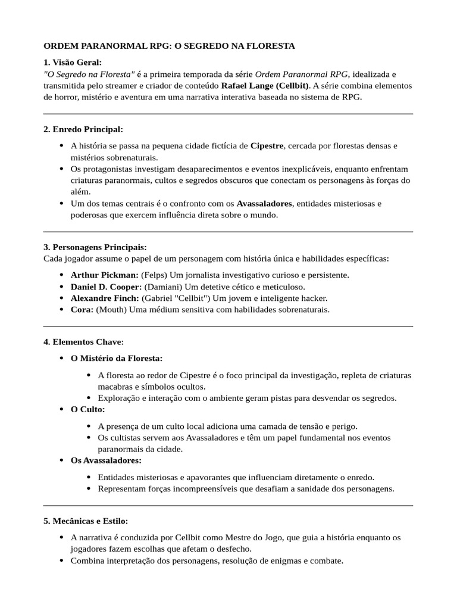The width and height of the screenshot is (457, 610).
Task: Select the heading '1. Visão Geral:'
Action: [x=73, y=62]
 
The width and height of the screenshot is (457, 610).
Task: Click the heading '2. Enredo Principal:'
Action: [x=83, y=129]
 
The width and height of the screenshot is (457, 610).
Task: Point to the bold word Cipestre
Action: [x=267, y=145]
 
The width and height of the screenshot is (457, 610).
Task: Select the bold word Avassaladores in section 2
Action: [x=264, y=203]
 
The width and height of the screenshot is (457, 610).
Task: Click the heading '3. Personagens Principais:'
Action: [x=95, y=247]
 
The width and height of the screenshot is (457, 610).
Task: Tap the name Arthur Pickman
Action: [x=104, y=275]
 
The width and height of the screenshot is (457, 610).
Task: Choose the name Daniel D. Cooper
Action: [x=106, y=287]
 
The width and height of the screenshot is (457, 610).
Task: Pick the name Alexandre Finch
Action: [x=105, y=298]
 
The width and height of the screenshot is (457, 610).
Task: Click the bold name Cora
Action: [x=82, y=309]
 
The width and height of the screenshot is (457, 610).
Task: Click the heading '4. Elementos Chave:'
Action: [x=83, y=341]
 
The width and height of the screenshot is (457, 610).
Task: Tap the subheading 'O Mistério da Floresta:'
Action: [x=116, y=358]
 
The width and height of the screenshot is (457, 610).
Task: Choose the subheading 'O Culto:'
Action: [x=87, y=409]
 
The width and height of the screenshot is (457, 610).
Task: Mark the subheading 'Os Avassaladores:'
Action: [x=106, y=460]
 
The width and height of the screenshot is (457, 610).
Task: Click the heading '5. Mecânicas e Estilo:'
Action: [x=86, y=521]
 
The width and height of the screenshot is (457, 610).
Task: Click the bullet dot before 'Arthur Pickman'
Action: [x=62, y=275]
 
